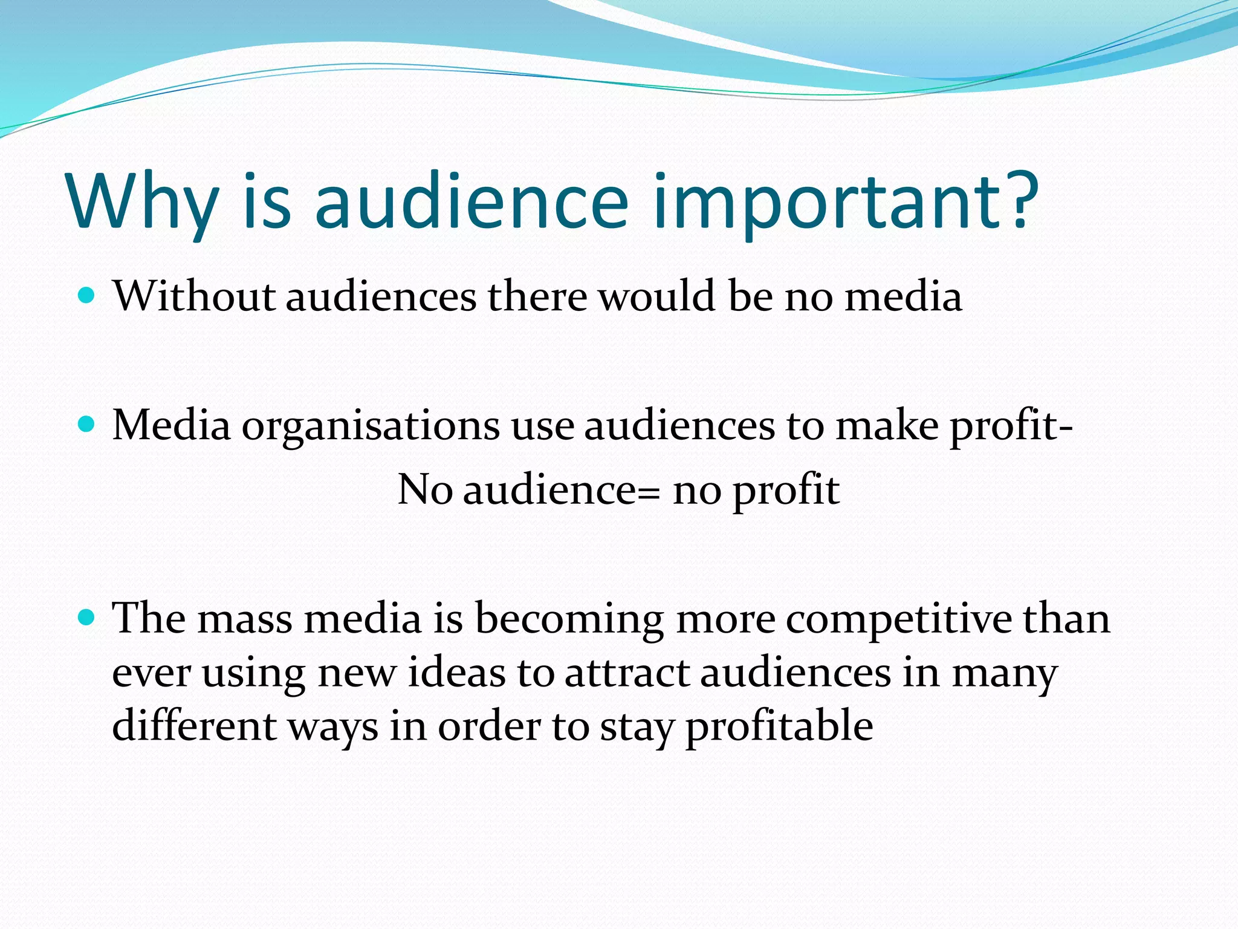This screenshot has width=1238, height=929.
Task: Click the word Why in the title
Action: pyautogui.click(x=143, y=203)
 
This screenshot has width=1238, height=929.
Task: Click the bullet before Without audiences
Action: pyautogui.click(x=87, y=296)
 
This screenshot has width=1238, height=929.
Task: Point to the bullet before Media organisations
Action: pyautogui.click(x=87, y=425)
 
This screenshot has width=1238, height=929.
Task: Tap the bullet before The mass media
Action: pyautogui.click(x=87, y=618)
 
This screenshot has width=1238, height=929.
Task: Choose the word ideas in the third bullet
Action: pyautogui.click(x=457, y=672)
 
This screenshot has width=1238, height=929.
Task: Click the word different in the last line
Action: pyautogui.click(x=194, y=725)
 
